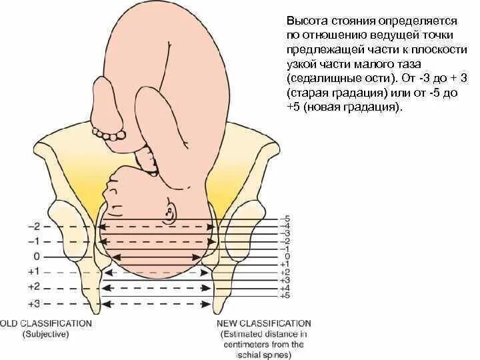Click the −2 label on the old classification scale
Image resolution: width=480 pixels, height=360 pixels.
point(35,226)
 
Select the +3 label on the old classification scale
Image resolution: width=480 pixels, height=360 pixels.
point(35,303)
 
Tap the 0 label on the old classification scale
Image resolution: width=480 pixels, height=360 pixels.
point(37,257)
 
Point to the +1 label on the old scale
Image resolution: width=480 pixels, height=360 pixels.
point(35,271)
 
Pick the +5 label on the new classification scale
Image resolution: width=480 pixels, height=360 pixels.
point(286,295)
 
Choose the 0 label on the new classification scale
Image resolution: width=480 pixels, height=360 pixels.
point(287,257)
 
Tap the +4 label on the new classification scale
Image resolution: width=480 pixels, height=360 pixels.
point(286,288)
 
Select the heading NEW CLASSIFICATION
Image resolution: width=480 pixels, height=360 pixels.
point(264,323)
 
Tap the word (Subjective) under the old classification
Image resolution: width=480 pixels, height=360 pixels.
point(45,334)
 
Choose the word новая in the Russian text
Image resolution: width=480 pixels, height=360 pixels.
point(327,107)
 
